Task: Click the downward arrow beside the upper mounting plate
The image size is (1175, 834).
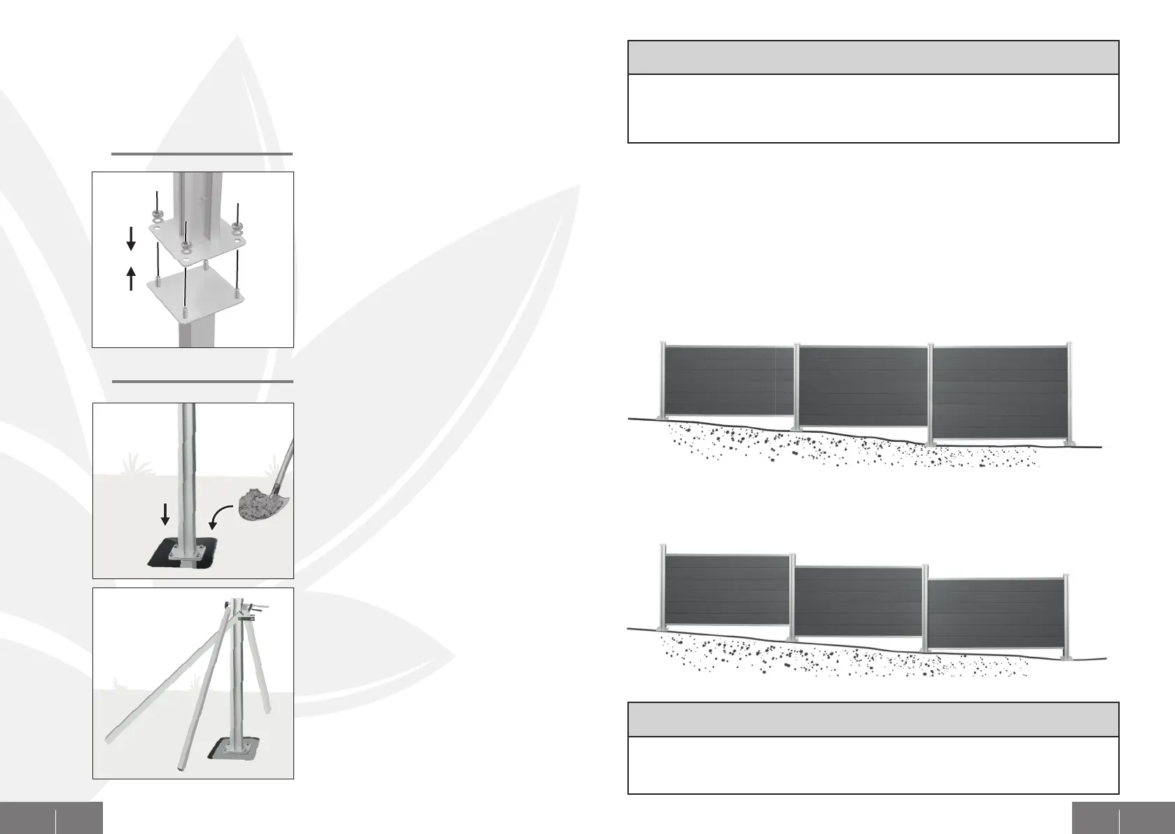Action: (x=131, y=242)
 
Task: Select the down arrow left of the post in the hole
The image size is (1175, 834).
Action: (x=165, y=516)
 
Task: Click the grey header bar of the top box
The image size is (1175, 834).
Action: (x=873, y=57)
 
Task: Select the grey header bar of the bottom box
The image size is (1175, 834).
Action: (x=873, y=719)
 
